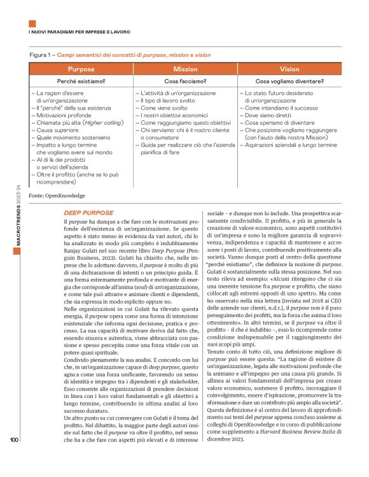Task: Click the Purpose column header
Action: coord(81,69)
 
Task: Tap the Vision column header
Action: coord(289,69)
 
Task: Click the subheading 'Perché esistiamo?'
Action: coord(81,82)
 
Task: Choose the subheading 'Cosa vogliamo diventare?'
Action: coord(289,82)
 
